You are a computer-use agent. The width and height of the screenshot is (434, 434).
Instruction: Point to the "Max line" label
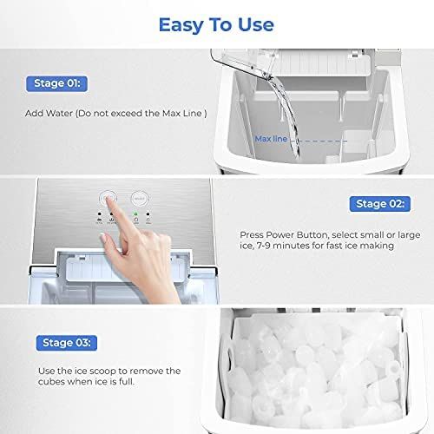click(271, 138)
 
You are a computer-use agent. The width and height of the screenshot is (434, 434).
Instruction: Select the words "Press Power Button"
click(277, 234)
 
